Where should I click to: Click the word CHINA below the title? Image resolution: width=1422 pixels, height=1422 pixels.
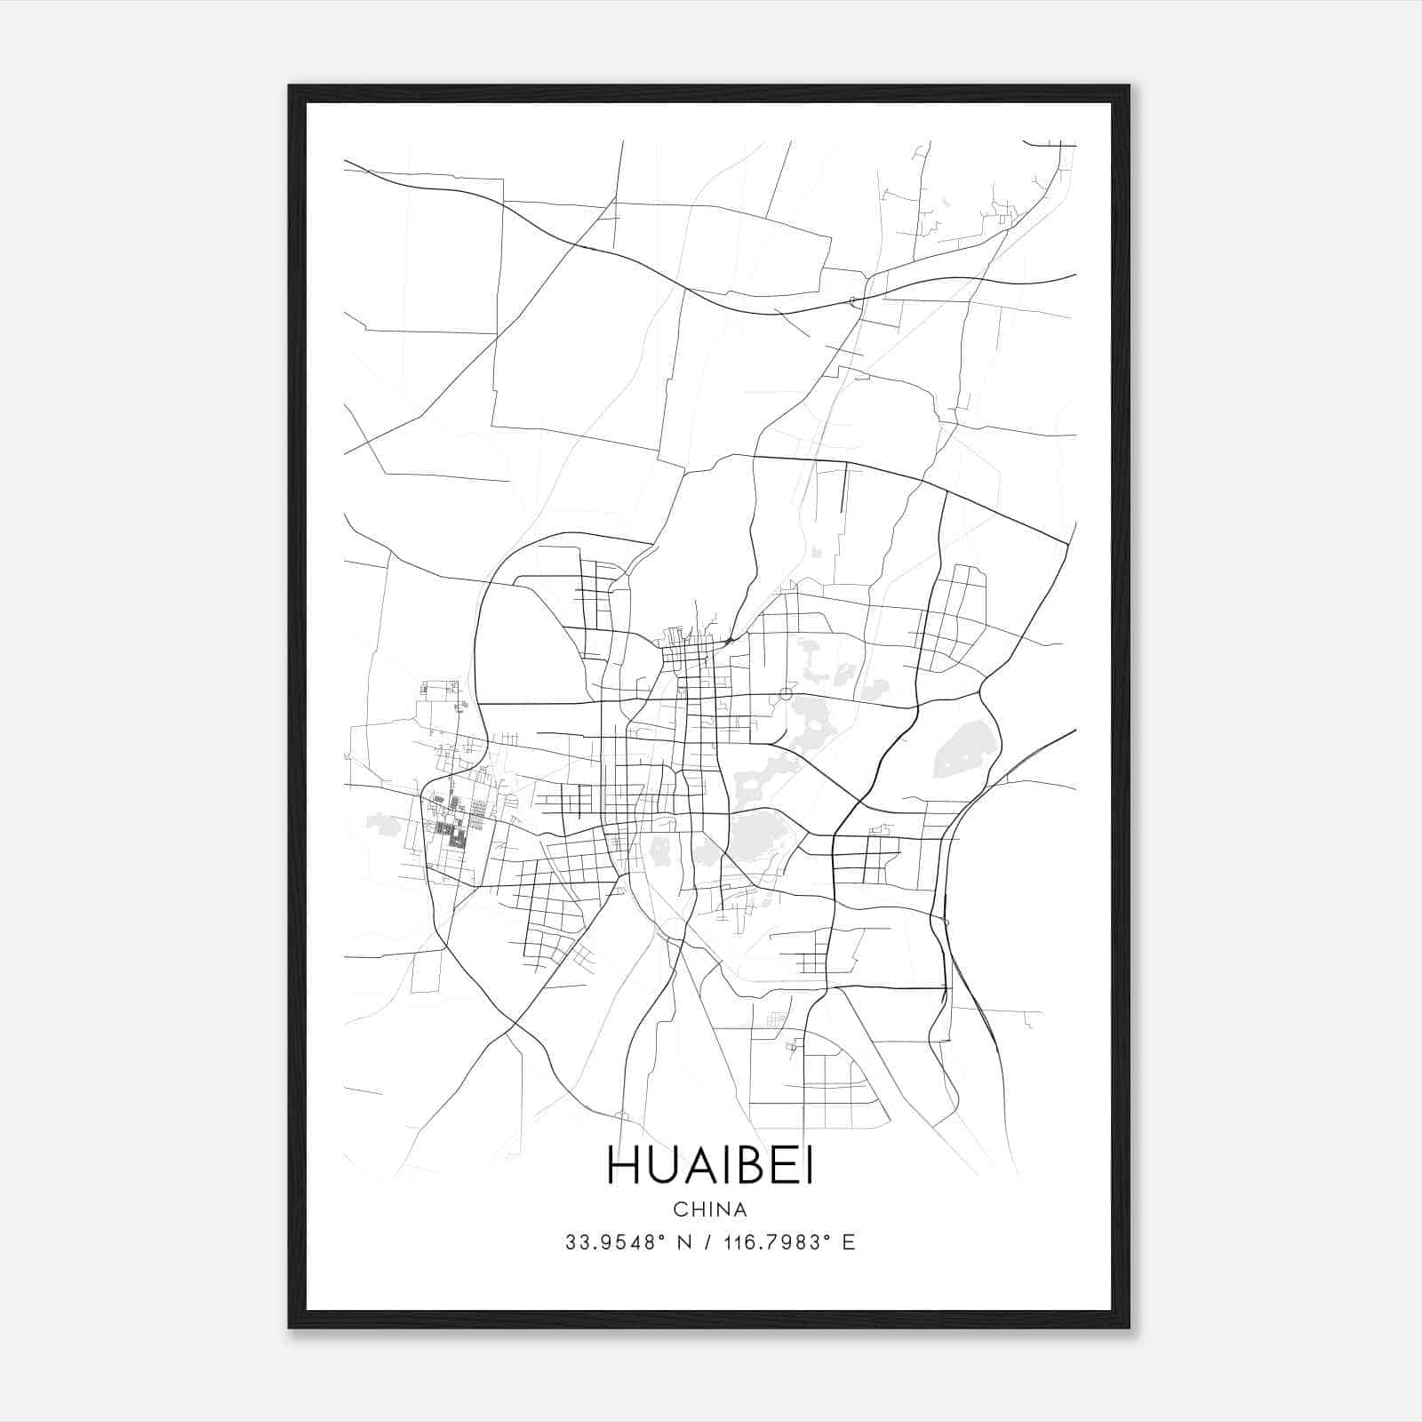[710, 1210]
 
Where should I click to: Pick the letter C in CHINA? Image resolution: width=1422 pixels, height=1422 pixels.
[680, 1210]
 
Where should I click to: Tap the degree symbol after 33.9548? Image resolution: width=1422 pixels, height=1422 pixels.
[662, 1237]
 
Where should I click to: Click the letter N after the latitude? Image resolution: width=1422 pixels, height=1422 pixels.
[684, 1242]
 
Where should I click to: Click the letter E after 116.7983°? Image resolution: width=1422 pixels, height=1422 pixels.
[849, 1242]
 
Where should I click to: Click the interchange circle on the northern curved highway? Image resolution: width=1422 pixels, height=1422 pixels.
[854, 301]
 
